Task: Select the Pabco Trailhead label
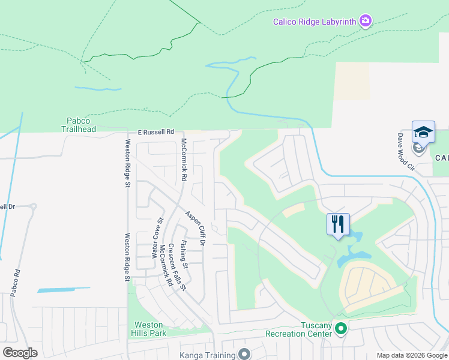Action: pyautogui.click(x=79, y=124)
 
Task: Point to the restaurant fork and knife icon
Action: pyautogui.click(x=337, y=224)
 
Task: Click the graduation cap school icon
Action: pyautogui.click(x=423, y=132)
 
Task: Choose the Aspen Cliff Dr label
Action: pyautogui.click(x=195, y=228)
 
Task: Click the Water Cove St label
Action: pyautogui.click(x=157, y=237)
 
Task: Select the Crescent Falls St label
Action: pyautogui.click(x=176, y=266)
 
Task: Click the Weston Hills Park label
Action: pyautogui.click(x=148, y=328)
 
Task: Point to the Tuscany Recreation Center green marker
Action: pyautogui.click(x=341, y=328)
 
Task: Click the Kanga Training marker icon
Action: pyautogui.click(x=244, y=355)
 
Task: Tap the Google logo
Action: pyautogui.click(x=20, y=353)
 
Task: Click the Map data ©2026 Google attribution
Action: pyautogui.click(x=411, y=355)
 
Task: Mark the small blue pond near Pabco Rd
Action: pyautogui.click(x=56, y=290)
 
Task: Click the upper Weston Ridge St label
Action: pyautogui.click(x=127, y=163)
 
